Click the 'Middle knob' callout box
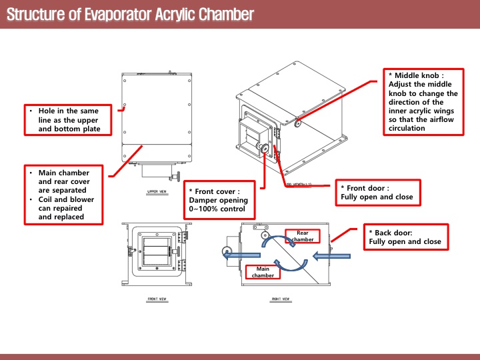[x=425, y=101]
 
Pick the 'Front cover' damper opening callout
[x=220, y=200]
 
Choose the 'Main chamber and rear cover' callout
[x=64, y=194]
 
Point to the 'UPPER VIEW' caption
[x=157, y=191]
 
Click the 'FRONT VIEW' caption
[x=157, y=299]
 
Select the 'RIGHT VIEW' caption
[x=281, y=299]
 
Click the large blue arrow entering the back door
[x=331, y=253]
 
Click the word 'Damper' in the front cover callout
[x=205, y=200]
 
